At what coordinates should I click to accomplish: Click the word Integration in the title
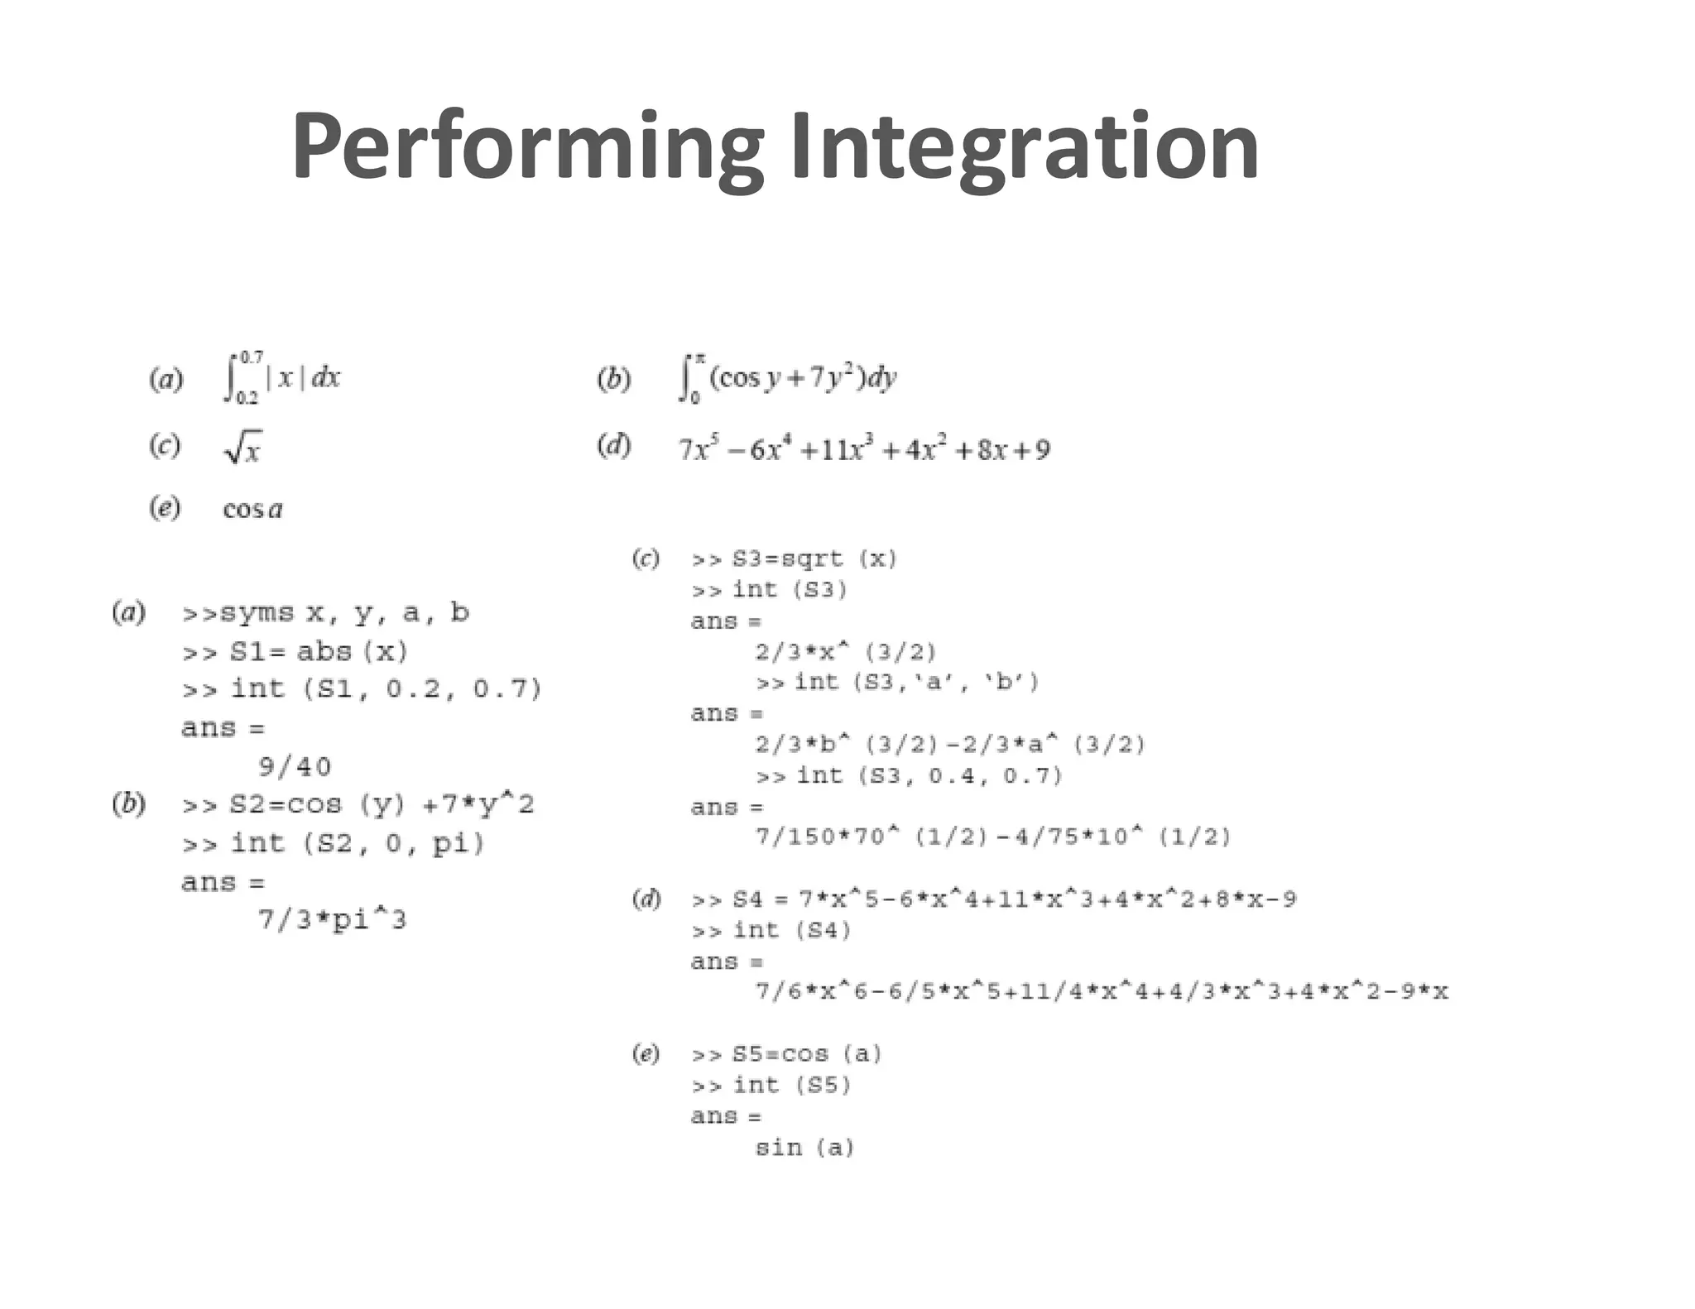(x=1024, y=147)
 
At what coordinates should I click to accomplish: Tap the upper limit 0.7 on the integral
(x=252, y=357)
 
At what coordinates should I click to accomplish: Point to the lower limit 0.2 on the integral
(x=247, y=398)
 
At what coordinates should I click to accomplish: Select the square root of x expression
(x=242, y=448)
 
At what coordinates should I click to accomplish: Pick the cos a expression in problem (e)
(x=252, y=508)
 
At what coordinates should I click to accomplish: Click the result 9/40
(x=295, y=766)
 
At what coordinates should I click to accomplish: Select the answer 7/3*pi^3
(x=332, y=919)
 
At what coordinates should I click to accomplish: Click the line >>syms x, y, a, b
(x=325, y=613)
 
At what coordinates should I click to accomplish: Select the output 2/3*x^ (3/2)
(x=845, y=652)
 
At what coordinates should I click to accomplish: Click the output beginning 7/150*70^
(x=993, y=837)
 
